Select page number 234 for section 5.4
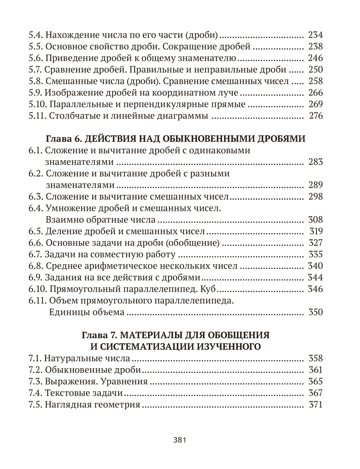[316, 34]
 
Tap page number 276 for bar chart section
[316, 116]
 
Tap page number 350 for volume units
[316, 312]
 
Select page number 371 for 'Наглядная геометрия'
[316, 405]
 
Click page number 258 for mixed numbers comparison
[316, 81]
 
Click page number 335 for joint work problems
[316, 254]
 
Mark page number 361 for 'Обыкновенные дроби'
[316, 370]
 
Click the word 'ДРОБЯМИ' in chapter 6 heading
[280, 139]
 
